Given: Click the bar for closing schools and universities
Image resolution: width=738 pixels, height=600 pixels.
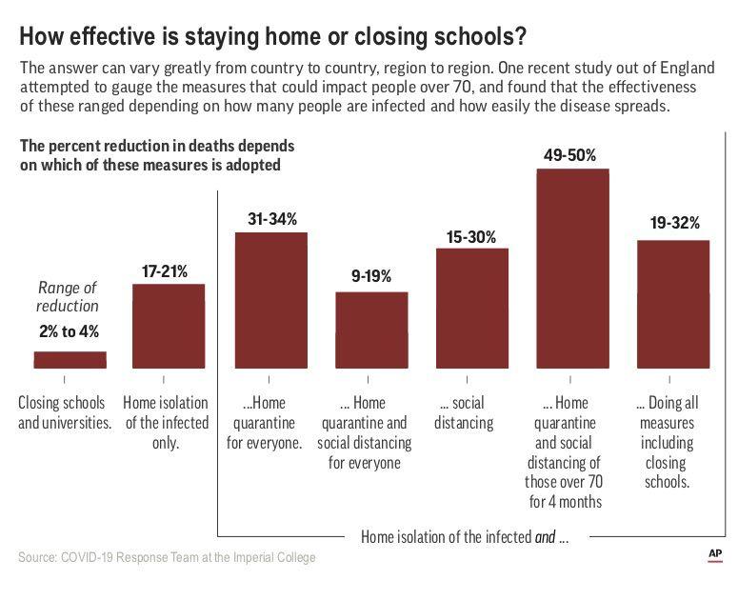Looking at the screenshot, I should [x=70, y=359].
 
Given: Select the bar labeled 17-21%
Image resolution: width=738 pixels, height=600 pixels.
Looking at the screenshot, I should [x=169, y=326].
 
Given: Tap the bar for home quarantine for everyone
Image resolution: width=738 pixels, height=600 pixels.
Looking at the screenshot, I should [x=271, y=300].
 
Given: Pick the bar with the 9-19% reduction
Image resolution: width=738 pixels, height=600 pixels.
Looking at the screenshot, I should [x=371, y=330].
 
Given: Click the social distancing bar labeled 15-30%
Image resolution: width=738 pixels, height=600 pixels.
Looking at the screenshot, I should [x=472, y=308].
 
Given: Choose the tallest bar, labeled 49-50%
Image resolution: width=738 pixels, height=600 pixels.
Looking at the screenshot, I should [x=572, y=269].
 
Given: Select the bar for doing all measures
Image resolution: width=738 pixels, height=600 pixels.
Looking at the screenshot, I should [x=673, y=304].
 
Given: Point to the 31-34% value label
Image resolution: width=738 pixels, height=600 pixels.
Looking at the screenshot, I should [x=271, y=218].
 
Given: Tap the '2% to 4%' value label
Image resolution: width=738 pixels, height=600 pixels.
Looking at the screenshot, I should [x=69, y=332].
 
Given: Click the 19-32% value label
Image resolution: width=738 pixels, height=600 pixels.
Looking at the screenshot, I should [x=673, y=225].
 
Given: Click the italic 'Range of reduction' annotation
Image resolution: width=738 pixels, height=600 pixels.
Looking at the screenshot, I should [x=69, y=296].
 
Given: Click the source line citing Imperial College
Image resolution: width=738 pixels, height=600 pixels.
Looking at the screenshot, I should [x=167, y=556].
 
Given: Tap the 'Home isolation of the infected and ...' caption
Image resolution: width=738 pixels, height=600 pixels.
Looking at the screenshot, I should [x=464, y=536].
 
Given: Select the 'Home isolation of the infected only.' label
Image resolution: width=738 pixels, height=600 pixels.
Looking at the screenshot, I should [x=169, y=422].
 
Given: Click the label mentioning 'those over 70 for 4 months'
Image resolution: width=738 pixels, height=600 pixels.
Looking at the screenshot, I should [x=572, y=452].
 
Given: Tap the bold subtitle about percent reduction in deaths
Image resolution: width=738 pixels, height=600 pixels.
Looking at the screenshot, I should [x=157, y=154].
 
